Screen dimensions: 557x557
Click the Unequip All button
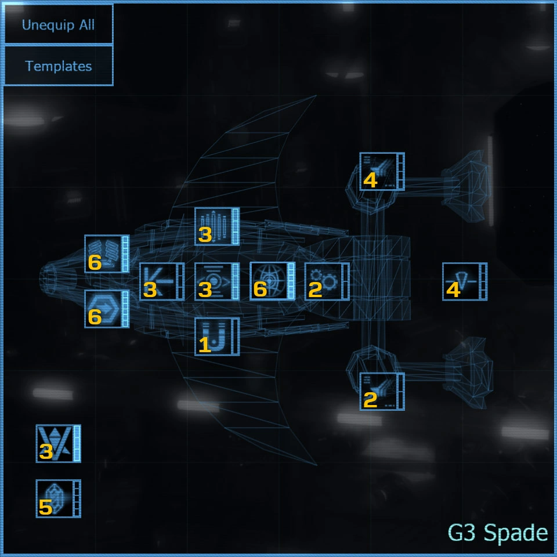click(58, 25)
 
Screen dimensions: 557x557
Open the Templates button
click(58, 66)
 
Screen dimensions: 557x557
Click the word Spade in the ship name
click(515, 532)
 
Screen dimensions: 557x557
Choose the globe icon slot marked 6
click(269, 281)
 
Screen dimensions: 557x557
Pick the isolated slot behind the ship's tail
click(462, 281)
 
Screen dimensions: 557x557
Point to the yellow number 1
click(204, 345)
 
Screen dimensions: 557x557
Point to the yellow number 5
click(45, 508)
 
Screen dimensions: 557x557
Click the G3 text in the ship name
click(462, 532)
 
